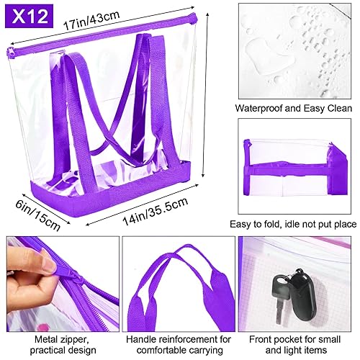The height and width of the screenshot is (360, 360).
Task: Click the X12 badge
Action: pyautogui.click(x=28, y=15)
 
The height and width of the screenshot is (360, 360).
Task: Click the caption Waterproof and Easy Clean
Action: pyautogui.click(x=297, y=109)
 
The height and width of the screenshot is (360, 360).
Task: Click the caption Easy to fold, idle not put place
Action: pyautogui.click(x=297, y=224)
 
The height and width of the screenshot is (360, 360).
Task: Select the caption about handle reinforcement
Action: pyautogui.click(x=178, y=343)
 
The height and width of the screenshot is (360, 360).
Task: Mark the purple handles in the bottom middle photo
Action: pyautogui.click(x=178, y=281)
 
